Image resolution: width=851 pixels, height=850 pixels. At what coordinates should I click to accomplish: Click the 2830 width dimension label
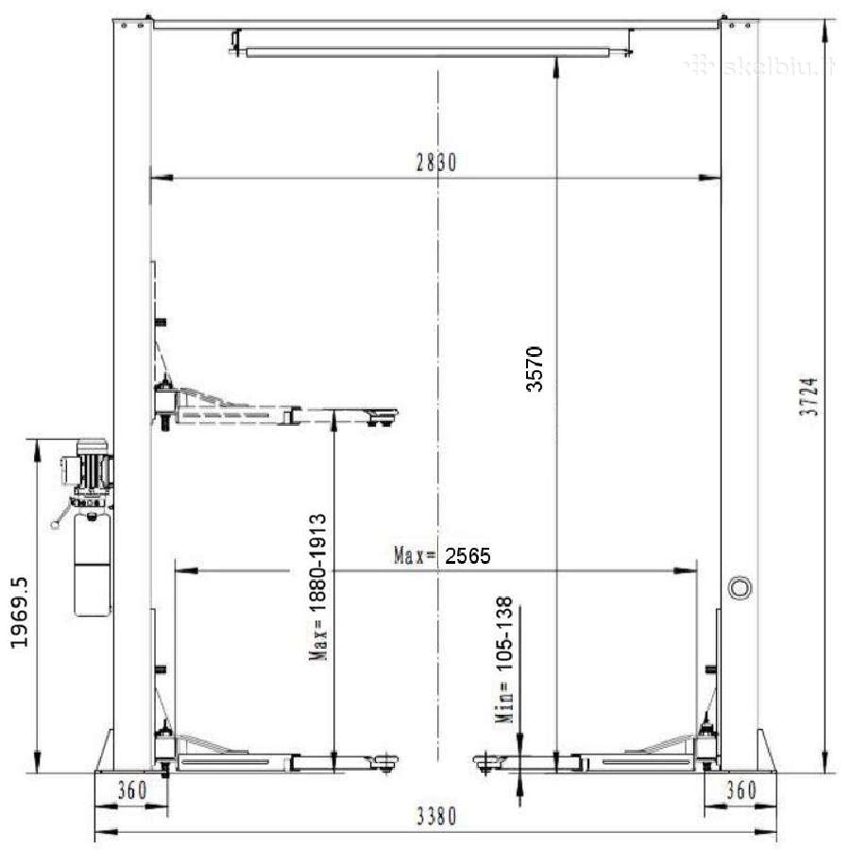click(436, 161)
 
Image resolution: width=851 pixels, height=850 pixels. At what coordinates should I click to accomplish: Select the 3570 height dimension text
click(535, 369)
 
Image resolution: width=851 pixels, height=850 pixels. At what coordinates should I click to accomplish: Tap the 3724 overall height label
click(808, 397)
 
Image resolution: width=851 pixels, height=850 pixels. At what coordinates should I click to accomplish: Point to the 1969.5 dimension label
click(19, 612)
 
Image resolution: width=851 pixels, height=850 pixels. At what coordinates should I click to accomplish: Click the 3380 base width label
click(436, 816)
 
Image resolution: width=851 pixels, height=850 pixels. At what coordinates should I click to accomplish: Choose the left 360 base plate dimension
click(132, 790)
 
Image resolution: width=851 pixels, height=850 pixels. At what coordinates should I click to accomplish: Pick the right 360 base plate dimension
click(741, 790)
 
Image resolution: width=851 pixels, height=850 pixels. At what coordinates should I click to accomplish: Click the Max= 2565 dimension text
click(442, 556)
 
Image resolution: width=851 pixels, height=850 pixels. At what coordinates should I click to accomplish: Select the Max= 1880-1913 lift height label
click(318, 586)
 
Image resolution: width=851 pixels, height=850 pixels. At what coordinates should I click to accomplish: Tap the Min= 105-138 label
click(504, 659)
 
